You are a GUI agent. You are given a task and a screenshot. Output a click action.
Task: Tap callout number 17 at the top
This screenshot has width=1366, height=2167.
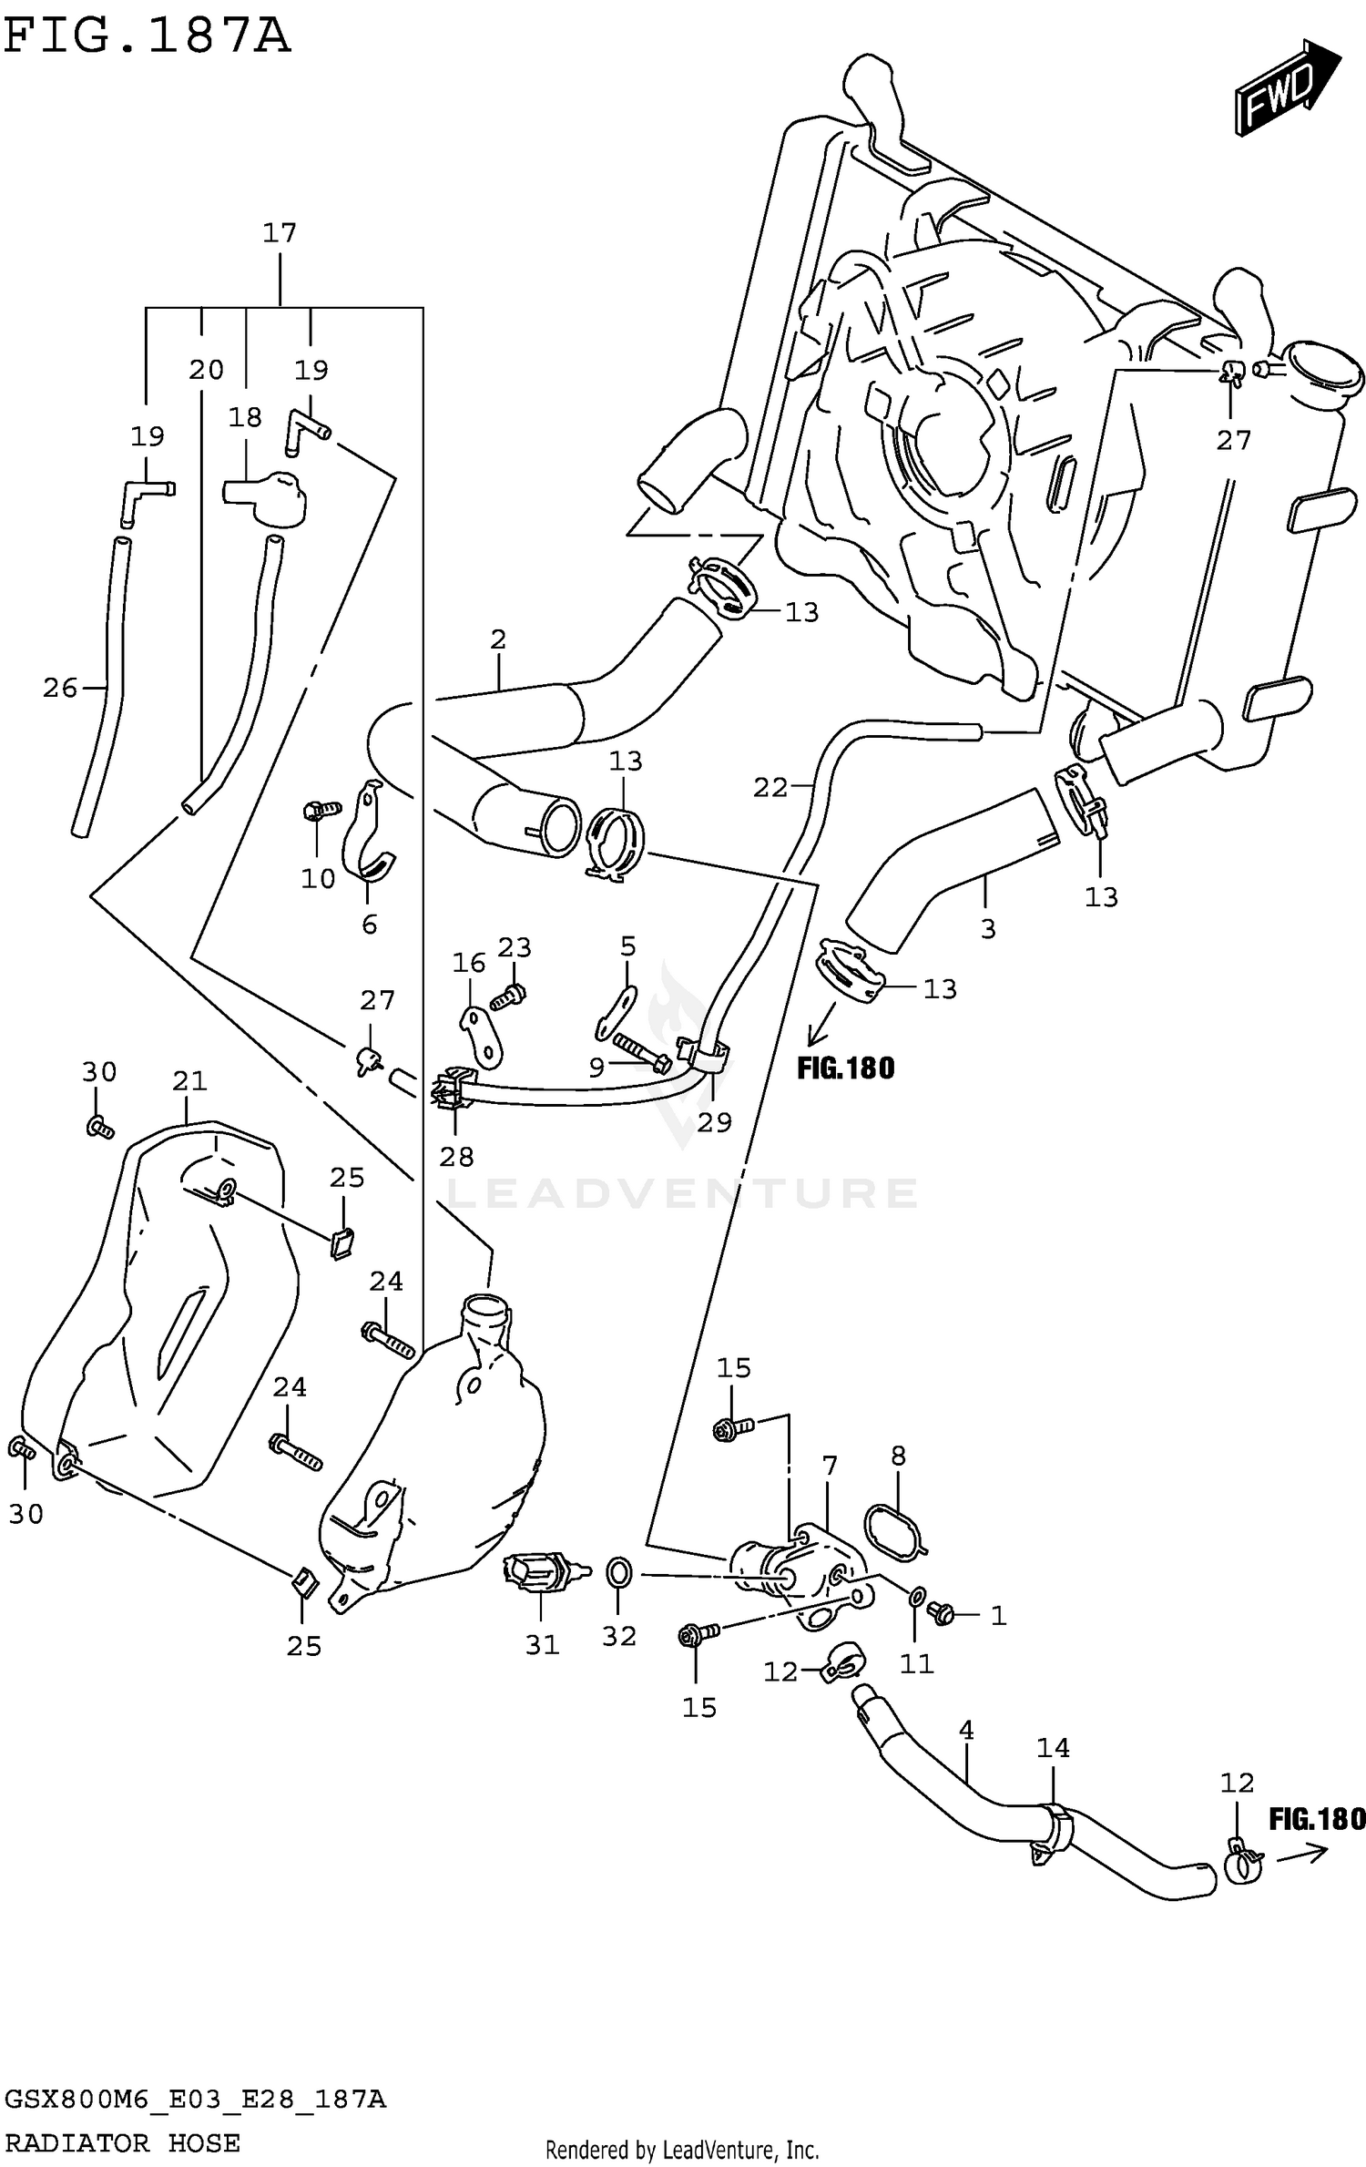tap(280, 233)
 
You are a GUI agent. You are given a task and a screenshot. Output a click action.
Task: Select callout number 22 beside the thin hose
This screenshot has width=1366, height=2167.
tap(770, 787)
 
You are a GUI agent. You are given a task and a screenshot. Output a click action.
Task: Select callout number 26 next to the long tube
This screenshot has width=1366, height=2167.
tap(60, 688)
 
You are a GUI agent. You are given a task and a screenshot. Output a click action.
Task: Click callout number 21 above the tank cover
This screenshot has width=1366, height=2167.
tap(189, 1081)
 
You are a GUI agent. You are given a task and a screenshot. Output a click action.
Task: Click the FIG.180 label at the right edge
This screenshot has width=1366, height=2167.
tap(1317, 1819)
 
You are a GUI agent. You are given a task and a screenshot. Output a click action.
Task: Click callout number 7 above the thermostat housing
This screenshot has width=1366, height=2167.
tap(829, 1467)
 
